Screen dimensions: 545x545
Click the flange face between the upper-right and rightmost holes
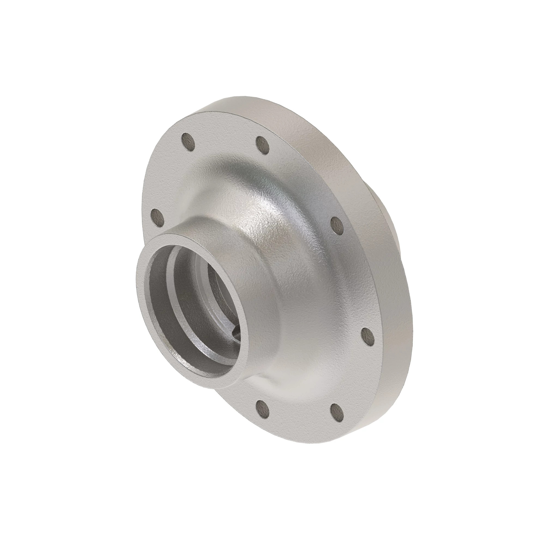click(x=358, y=282)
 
